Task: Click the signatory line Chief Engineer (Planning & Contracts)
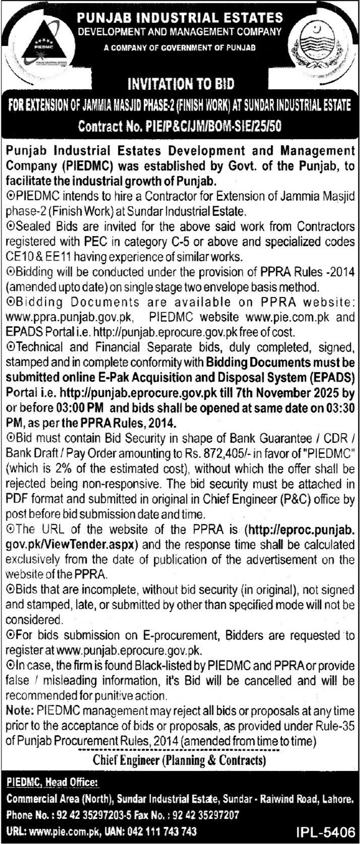[x=179, y=759]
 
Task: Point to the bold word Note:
[x=20, y=711]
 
